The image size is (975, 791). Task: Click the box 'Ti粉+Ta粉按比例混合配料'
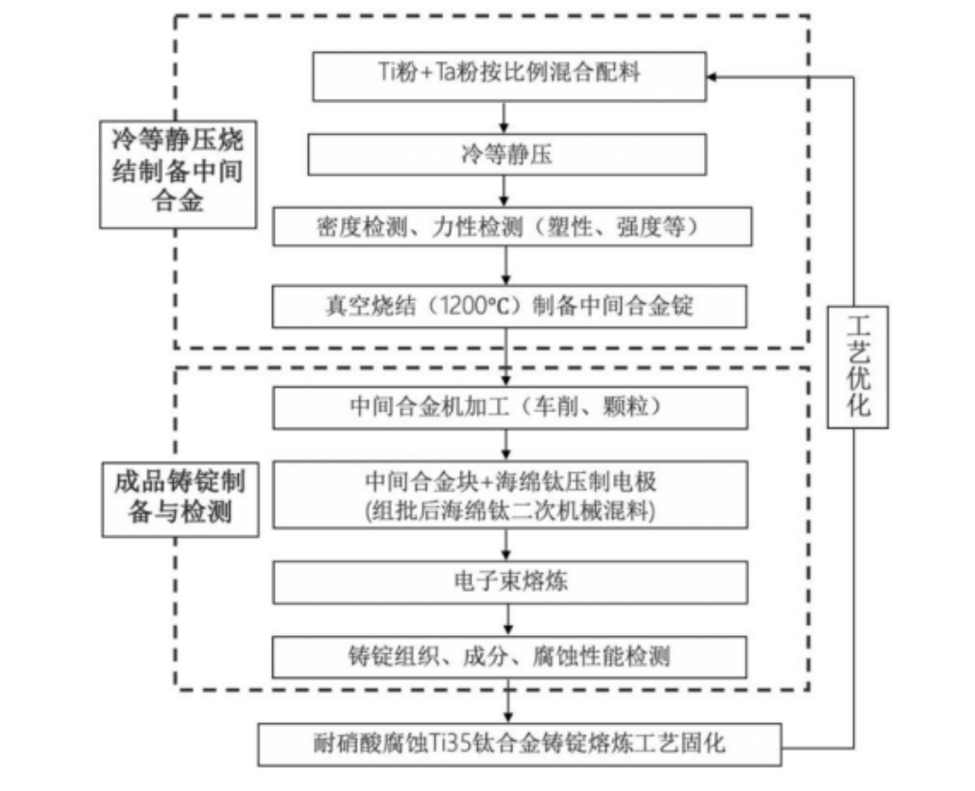(x=508, y=74)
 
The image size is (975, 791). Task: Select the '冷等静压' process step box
(x=508, y=153)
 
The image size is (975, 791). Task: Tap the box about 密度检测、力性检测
(x=510, y=227)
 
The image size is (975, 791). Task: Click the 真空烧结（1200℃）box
(x=510, y=306)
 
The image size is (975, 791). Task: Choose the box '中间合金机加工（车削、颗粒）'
(x=510, y=407)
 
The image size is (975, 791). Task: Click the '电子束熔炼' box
(x=510, y=581)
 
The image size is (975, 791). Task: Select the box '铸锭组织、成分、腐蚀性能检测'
(x=510, y=654)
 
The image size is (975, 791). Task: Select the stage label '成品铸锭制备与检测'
(x=180, y=499)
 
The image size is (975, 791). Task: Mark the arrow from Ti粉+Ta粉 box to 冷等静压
(x=508, y=117)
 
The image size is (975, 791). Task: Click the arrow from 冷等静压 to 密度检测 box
(x=508, y=192)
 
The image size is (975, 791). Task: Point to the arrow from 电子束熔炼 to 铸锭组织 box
(x=509, y=619)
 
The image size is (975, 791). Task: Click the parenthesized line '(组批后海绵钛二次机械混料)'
(x=510, y=510)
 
